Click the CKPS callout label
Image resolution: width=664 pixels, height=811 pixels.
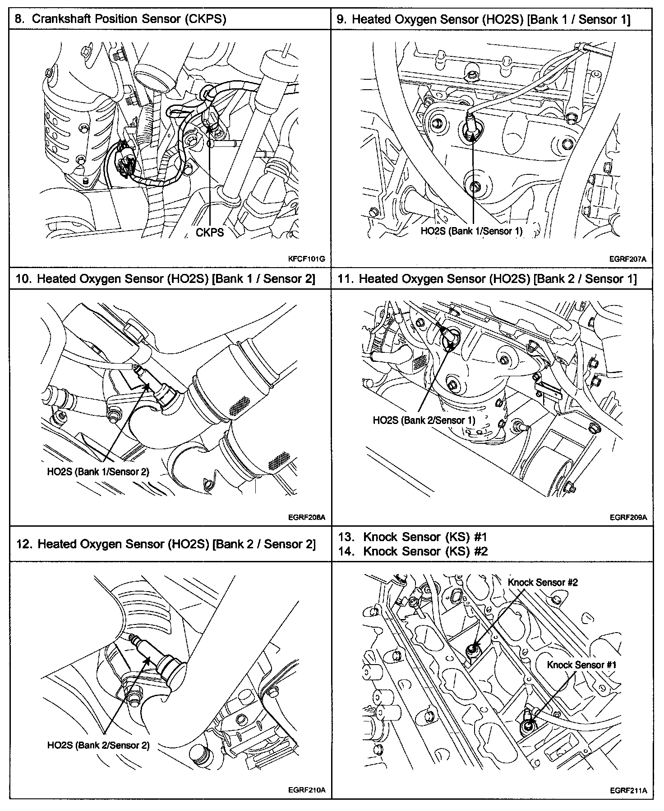pos(210,232)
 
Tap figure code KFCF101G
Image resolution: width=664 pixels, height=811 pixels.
pos(307,259)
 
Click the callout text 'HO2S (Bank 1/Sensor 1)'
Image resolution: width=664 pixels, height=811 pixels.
pos(471,231)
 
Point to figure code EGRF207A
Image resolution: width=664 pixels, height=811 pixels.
pos(628,259)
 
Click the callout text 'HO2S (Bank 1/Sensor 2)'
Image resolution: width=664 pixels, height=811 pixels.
pos(98,472)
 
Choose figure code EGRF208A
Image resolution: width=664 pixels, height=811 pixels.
pos(307,517)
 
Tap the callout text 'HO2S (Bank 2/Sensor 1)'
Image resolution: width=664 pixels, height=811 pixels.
pos(424,420)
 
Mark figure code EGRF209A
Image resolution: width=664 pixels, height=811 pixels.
pos(628,517)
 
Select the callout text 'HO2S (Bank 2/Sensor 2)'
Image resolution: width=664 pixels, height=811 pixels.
pos(98,745)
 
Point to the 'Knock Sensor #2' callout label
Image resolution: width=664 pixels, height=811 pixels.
pos(543,582)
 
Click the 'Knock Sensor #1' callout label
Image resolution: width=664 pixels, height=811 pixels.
pos(581,665)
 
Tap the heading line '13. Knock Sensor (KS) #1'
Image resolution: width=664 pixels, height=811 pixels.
pos(413,537)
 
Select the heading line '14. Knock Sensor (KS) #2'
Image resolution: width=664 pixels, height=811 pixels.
pos(413,551)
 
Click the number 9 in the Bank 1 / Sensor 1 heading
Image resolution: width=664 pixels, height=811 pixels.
pos(341,19)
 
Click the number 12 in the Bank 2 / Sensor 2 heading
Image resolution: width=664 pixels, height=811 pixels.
pos(22,544)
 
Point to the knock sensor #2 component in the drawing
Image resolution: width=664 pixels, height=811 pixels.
pos(473,649)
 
